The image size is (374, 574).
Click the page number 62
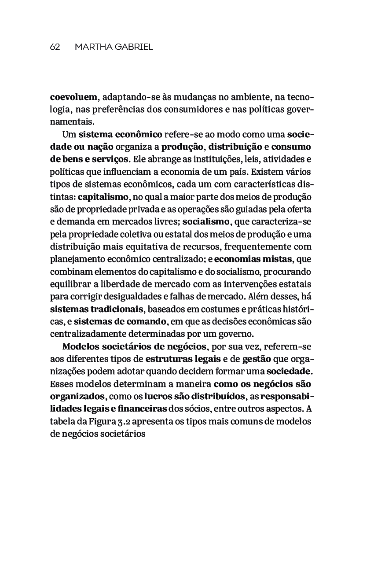click(x=55, y=47)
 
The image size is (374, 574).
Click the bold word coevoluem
click(x=73, y=97)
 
